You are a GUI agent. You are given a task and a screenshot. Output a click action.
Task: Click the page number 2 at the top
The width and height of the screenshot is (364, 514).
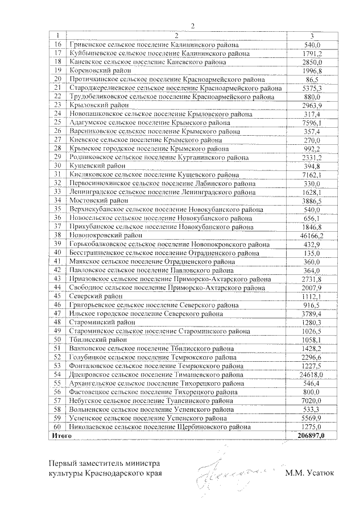[x=193, y=26]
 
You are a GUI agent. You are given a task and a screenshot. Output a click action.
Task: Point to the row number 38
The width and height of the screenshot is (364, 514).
[x=57, y=235]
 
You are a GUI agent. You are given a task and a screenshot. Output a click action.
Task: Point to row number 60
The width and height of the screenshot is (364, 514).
[x=57, y=427]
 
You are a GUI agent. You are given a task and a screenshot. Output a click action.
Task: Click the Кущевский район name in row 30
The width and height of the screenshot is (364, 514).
[x=93, y=166]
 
